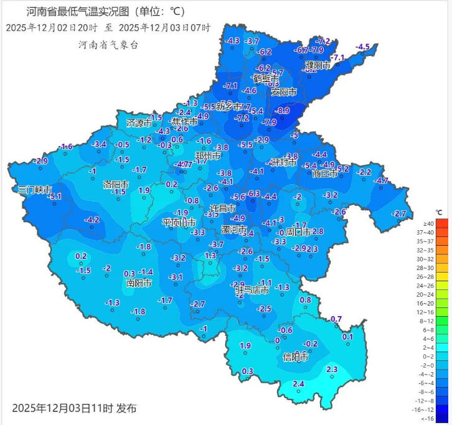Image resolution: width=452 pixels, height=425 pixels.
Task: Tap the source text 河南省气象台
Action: pyautogui.click(x=108, y=44)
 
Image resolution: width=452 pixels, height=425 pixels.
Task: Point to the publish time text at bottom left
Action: pyautogui.click(x=73, y=409)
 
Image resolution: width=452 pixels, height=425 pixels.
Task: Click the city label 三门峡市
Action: pyautogui.click(x=34, y=189)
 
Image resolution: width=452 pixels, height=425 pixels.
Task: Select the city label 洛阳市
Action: pyautogui.click(x=116, y=185)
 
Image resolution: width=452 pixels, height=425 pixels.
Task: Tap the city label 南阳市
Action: pyautogui.click(x=139, y=283)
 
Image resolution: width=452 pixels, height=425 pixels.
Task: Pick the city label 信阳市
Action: pyautogui.click(x=296, y=357)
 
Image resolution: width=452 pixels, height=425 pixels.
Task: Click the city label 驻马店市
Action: pyautogui.click(x=252, y=290)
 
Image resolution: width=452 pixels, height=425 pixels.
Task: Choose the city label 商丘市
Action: pyautogui.click(x=325, y=174)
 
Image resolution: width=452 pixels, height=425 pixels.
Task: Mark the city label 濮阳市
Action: pyautogui.click(x=318, y=65)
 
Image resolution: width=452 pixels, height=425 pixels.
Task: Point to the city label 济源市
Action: pyautogui.click(x=139, y=123)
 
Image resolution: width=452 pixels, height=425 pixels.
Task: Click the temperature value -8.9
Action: pyautogui.click(x=283, y=111)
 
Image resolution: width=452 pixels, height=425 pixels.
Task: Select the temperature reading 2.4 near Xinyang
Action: pyautogui.click(x=298, y=384)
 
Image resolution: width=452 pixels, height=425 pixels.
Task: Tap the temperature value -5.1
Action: pyautogui.click(x=55, y=197)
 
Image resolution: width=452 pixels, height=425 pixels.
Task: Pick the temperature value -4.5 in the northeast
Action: pyautogui.click(x=362, y=47)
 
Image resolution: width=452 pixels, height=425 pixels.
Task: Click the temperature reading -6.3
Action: pyautogui.click(x=253, y=194)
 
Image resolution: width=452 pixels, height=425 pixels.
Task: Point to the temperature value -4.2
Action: pyautogui.click(x=92, y=220)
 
